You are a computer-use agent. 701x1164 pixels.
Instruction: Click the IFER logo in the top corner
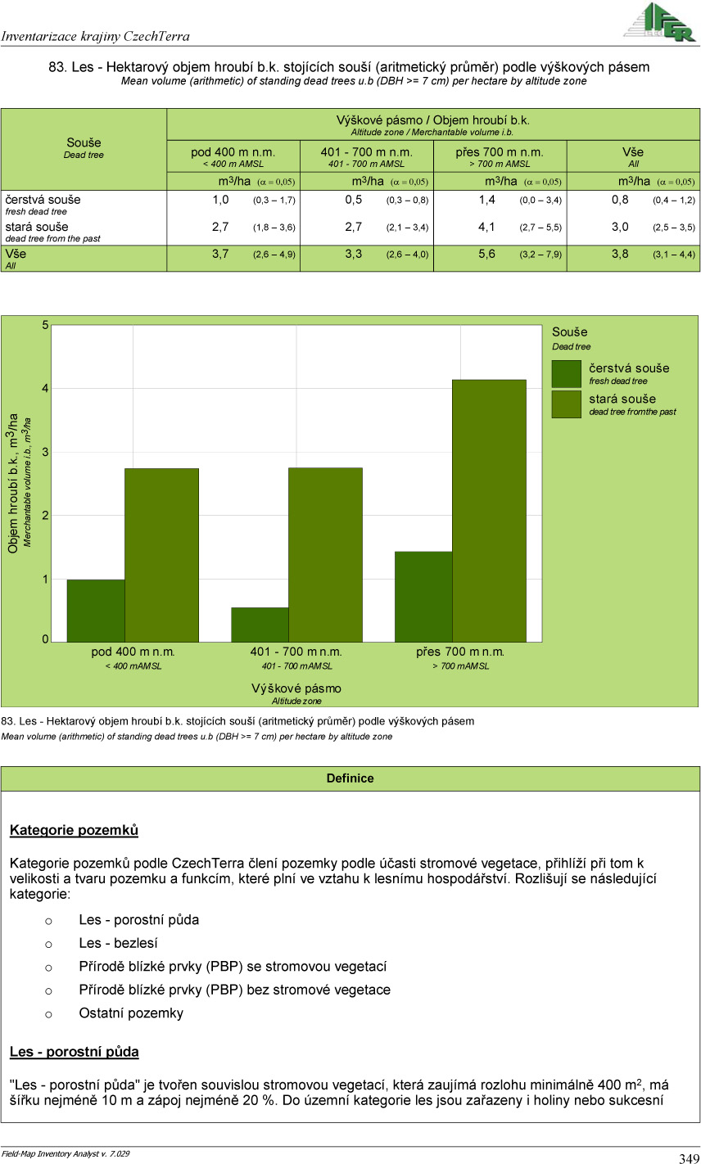pos(658,21)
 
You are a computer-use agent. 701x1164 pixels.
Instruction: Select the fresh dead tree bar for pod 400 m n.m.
pos(96,610)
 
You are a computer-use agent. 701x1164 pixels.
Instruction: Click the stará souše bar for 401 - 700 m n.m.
pos(325,554)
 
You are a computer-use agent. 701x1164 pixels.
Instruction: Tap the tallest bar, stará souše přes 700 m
pos(489,510)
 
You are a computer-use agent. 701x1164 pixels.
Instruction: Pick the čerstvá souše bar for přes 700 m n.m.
pos(423,596)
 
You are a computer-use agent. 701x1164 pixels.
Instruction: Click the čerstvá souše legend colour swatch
pos(566,374)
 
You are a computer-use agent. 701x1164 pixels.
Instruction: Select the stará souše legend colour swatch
pos(566,404)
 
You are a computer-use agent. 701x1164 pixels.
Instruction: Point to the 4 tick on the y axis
pos(46,388)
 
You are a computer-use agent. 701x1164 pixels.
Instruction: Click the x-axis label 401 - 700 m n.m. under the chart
pos(296,652)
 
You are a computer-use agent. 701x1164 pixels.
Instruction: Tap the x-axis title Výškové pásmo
pos(296,688)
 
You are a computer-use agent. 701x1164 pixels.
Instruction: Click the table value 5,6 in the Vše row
pos(486,255)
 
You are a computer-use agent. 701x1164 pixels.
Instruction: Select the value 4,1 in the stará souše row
pos(486,227)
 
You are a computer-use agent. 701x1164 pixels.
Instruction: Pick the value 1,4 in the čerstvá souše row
pos(486,200)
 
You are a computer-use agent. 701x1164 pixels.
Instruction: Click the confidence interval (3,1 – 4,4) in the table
pos(673,255)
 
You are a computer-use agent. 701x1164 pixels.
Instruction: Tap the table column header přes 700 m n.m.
pos(500,152)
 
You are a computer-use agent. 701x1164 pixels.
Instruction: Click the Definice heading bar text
pos(350,778)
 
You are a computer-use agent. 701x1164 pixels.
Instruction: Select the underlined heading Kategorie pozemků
pos(74,831)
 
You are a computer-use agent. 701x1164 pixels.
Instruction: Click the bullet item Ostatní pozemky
pos(131,1013)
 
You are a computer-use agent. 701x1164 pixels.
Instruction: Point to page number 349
pos(688,1157)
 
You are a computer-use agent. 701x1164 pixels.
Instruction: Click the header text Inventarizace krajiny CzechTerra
pos(96,36)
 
